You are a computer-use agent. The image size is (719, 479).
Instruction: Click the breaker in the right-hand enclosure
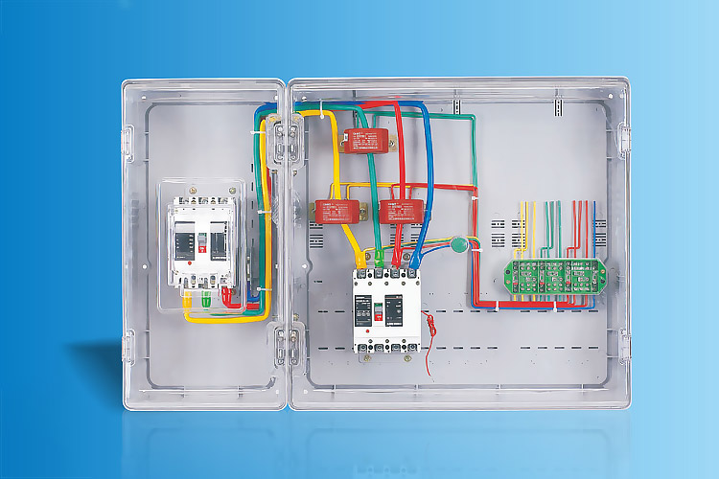click(x=385, y=308)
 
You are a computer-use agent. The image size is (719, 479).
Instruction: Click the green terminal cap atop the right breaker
click(x=381, y=258)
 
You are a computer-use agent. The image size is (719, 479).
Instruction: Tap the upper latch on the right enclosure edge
click(x=624, y=140)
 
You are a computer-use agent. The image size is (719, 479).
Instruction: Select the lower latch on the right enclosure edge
click(x=624, y=346)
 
